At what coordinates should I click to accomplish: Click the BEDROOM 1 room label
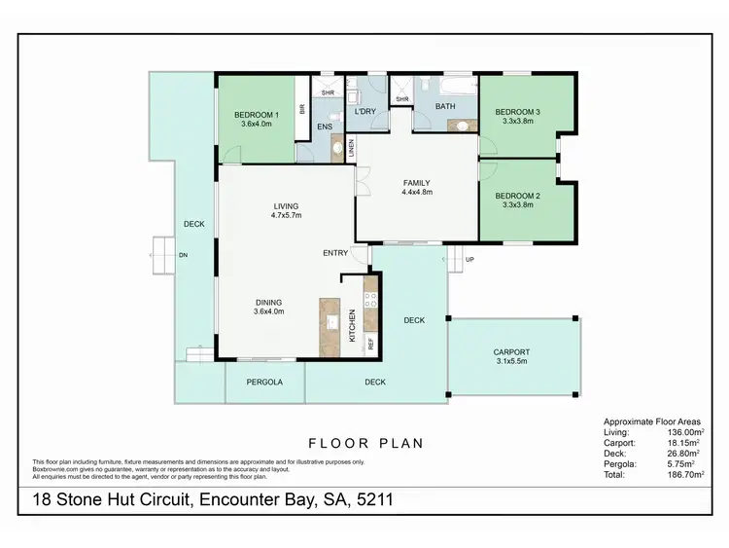pyautogui.click(x=257, y=115)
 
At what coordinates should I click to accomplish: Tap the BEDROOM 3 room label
pyautogui.click(x=517, y=112)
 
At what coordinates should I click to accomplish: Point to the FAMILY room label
pyautogui.click(x=416, y=182)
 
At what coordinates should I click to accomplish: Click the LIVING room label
pyautogui.click(x=286, y=205)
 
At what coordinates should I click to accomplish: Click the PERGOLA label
pyautogui.click(x=264, y=383)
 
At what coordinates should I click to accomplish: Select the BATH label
pyautogui.click(x=445, y=106)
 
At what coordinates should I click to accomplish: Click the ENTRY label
pyautogui.click(x=335, y=253)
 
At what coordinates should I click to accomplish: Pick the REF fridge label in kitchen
pyautogui.click(x=370, y=343)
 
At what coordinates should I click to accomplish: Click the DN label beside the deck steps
pyautogui.click(x=182, y=255)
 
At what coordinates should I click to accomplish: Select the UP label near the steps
pyautogui.click(x=470, y=259)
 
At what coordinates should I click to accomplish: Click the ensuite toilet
pyautogui.click(x=337, y=148)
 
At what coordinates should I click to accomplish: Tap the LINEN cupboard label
pyautogui.click(x=351, y=148)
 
